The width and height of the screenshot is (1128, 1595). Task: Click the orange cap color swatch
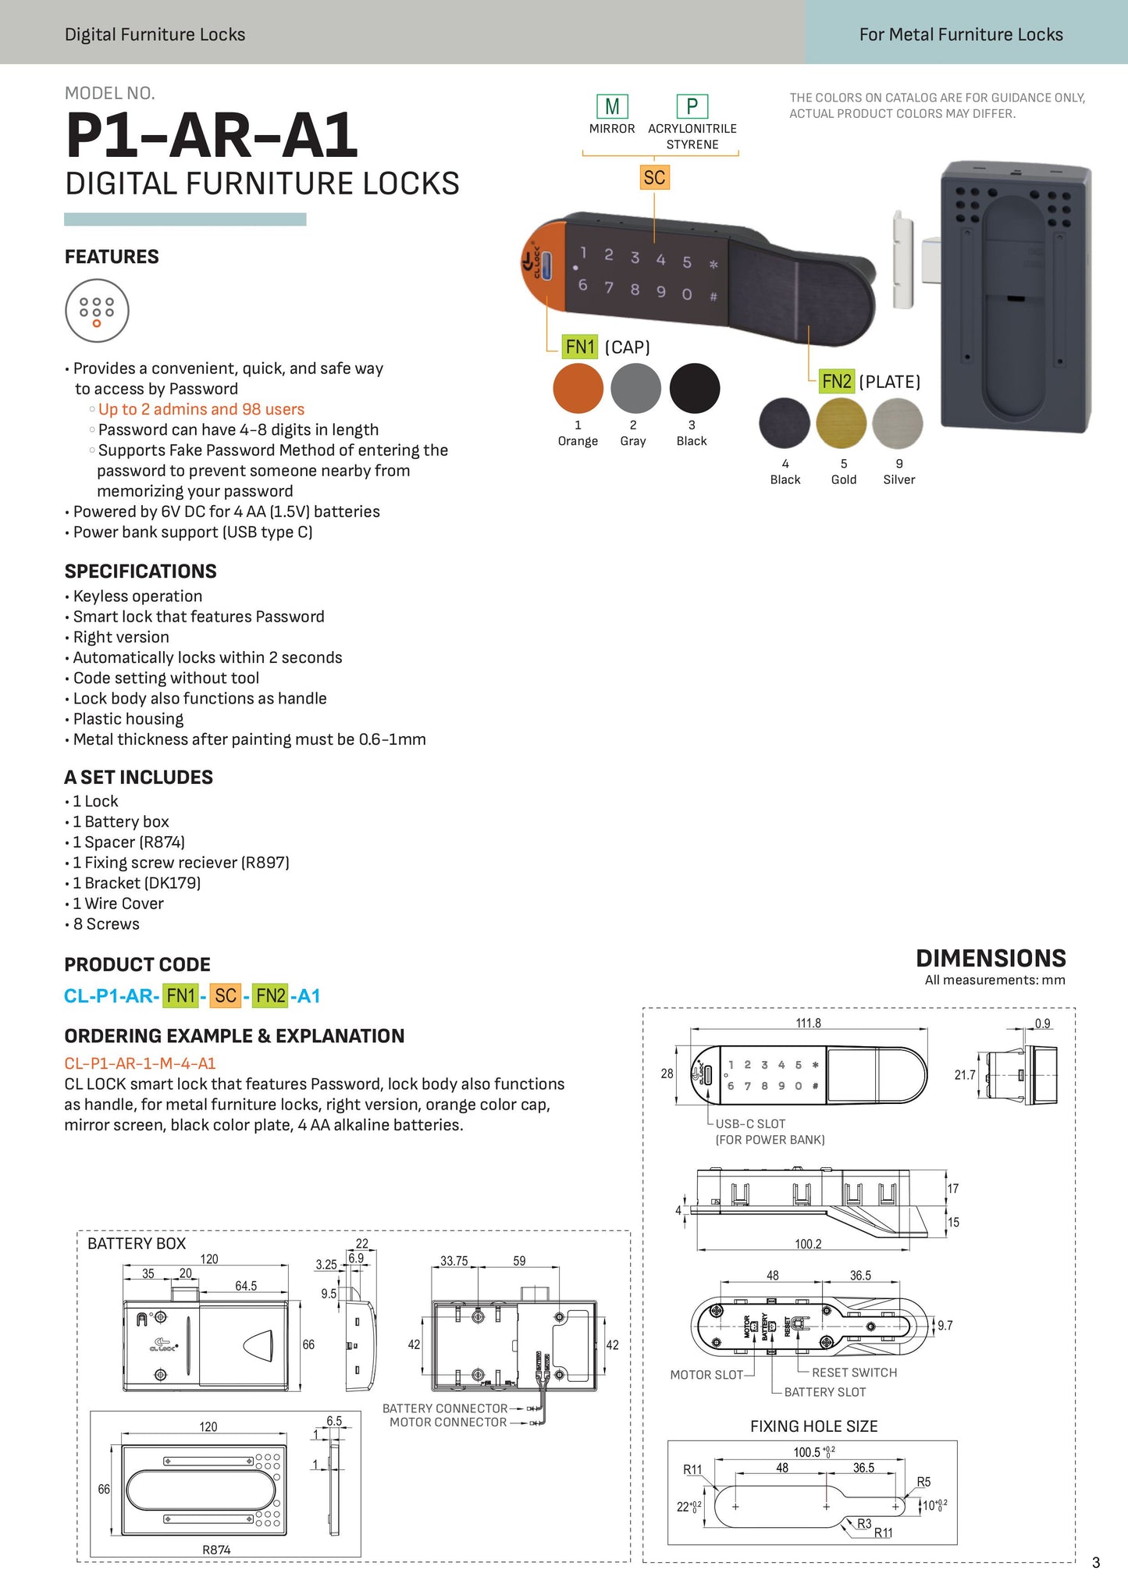click(x=578, y=388)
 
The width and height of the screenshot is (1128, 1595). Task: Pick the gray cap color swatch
click(x=635, y=388)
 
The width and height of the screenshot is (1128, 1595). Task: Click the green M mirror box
click(x=612, y=106)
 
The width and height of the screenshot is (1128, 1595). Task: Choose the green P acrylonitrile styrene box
click(x=692, y=106)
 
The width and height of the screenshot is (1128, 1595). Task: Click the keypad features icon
click(x=97, y=311)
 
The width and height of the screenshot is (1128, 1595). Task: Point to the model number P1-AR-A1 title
click(x=212, y=136)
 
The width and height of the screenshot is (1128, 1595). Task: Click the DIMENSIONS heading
click(x=991, y=958)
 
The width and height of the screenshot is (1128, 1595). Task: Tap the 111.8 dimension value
click(x=808, y=1023)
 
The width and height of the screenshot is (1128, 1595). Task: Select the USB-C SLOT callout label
click(x=750, y=1123)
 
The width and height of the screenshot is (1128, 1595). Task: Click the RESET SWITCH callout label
click(x=854, y=1372)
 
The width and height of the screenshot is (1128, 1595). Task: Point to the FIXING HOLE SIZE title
click(x=813, y=1426)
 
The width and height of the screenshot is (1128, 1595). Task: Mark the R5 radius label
click(x=923, y=1482)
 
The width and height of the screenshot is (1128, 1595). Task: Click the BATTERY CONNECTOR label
click(x=445, y=1408)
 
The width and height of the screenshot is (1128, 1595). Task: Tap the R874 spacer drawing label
click(x=216, y=1550)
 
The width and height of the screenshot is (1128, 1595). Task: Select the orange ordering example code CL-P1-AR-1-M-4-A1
click(x=140, y=1063)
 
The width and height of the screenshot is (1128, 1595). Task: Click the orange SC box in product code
click(x=226, y=995)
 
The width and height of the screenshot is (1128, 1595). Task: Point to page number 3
click(x=1096, y=1562)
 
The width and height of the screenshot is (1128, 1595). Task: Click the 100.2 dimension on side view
click(x=808, y=1244)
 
